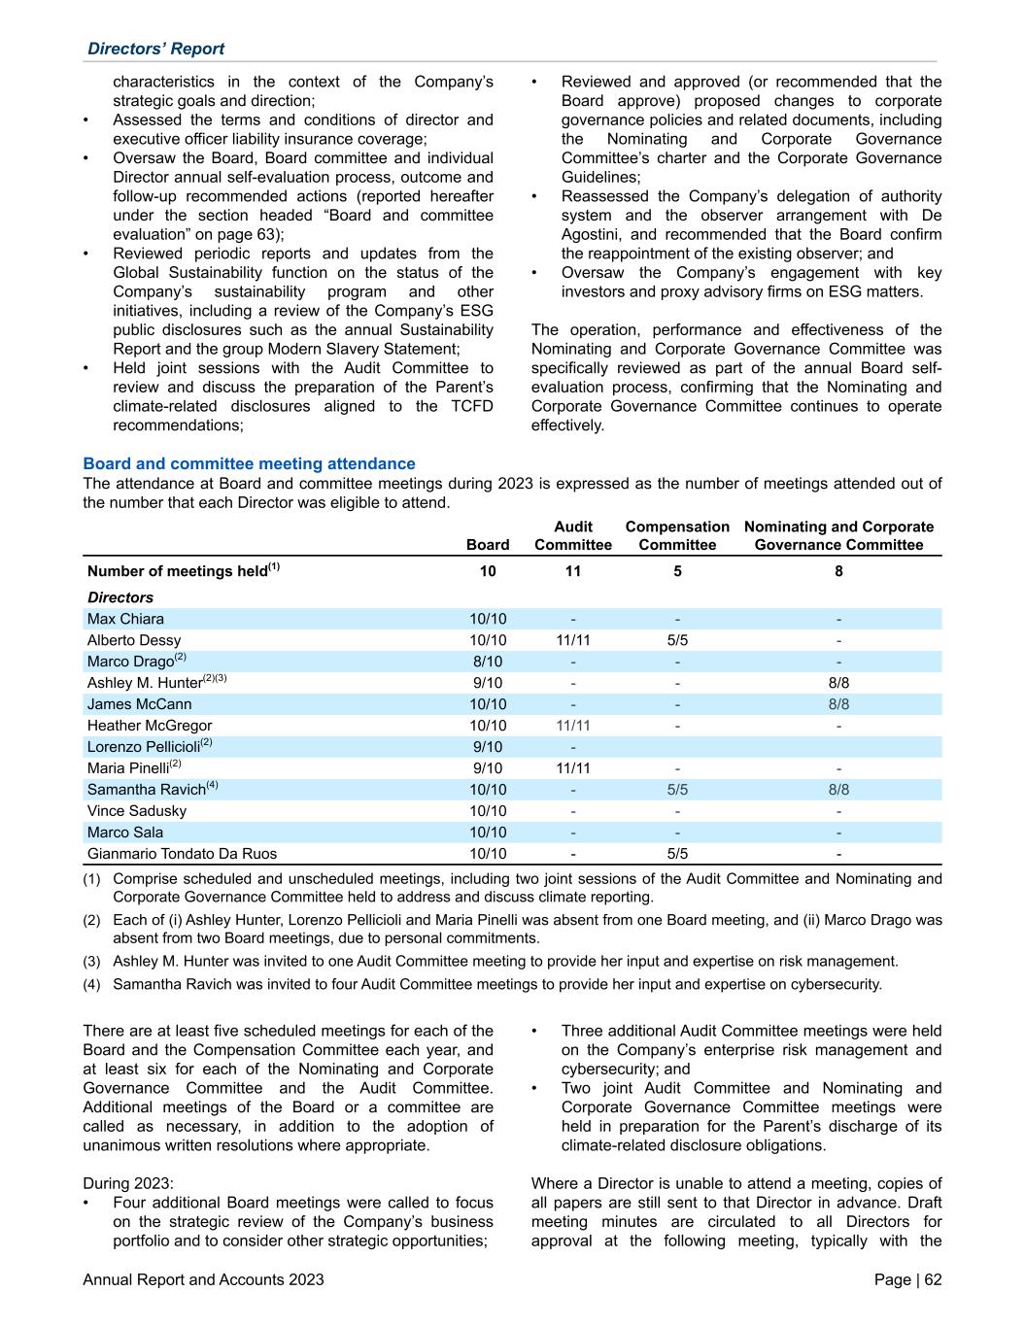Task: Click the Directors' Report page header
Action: (155, 49)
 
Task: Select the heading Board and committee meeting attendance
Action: (249, 464)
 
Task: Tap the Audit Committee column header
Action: (573, 535)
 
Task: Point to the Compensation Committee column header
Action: (677, 535)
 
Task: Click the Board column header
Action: (488, 545)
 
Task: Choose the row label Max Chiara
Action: (125, 619)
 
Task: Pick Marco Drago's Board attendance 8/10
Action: (488, 662)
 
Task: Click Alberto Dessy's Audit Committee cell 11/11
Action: (573, 640)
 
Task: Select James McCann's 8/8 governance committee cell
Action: (838, 704)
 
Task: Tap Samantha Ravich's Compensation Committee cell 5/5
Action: (677, 790)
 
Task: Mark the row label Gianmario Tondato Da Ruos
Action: (182, 854)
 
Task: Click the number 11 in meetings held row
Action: (573, 571)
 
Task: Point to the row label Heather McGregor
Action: (150, 726)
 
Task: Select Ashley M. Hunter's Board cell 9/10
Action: (488, 683)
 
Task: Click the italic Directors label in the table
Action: (120, 597)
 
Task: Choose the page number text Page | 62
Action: (907, 1280)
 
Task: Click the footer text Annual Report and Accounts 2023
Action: (204, 1280)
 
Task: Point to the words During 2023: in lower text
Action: (129, 1183)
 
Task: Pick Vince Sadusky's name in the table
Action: (137, 811)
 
